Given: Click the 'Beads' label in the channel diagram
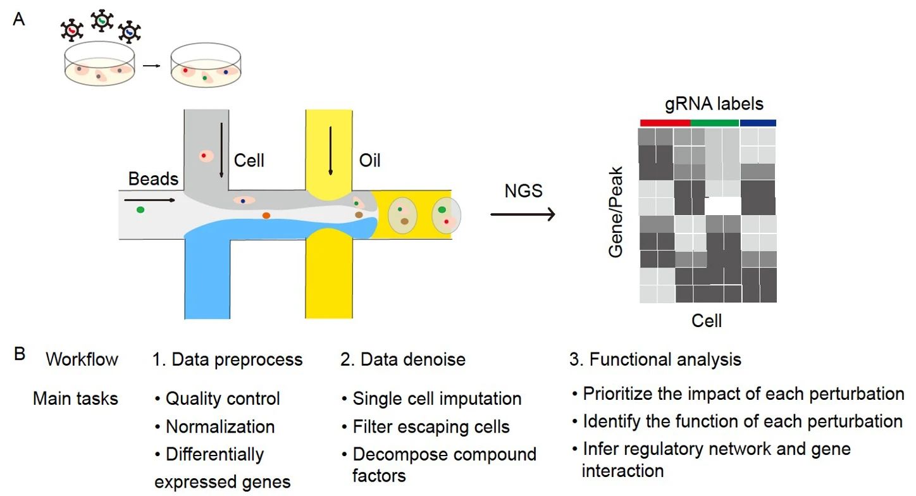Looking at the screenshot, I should pyautogui.click(x=153, y=179).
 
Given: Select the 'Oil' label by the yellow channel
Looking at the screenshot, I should pyautogui.click(x=370, y=160).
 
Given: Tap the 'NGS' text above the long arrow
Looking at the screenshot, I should pyautogui.click(x=524, y=190).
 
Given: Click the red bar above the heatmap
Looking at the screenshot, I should pyautogui.click(x=665, y=123).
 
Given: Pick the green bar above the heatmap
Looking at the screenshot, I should pyautogui.click(x=714, y=123).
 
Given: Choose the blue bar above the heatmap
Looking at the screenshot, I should pyautogui.click(x=758, y=123).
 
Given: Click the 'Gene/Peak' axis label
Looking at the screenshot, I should pyautogui.click(x=616, y=211).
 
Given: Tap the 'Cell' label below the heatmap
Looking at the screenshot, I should pyautogui.click(x=707, y=321).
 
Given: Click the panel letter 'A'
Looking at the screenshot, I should pyautogui.click(x=19, y=20).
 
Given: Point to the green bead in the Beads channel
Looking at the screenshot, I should pyautogui.click(x=140, y=209).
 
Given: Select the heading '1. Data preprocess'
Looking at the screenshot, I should pyautogui.click(x=227, y=360).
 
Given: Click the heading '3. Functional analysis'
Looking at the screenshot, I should pyautogui.click(x=655, y=360).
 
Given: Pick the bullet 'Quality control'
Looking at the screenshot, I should pyautogui.click(x=222, y=399).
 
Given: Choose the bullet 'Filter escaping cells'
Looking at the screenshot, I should pyautogui.click(x=431, y=427).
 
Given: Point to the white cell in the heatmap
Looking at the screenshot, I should pyautogui.click(x=723, y=207).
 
